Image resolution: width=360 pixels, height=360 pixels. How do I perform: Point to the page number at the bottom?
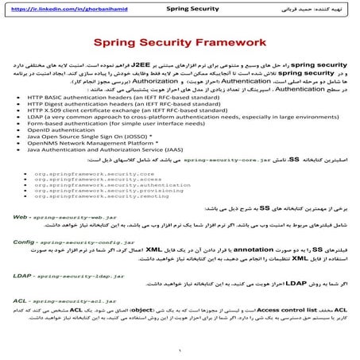pos(180,350)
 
